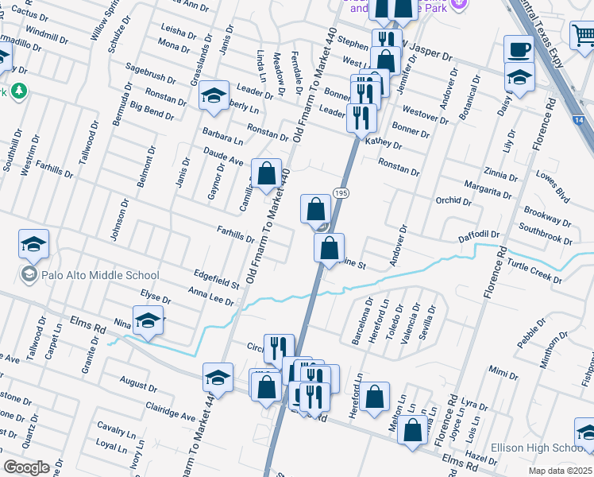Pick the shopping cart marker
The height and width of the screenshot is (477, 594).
pos(583,35)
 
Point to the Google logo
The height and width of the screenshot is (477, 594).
pos(26,467)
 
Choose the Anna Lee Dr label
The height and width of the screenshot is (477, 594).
pos(211,297)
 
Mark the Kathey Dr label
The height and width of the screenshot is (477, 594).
pos(384,144)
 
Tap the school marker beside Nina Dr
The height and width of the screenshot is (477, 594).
pos(148,320)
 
